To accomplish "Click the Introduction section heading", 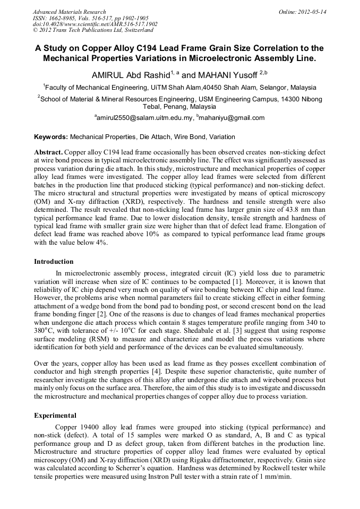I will (54, 262).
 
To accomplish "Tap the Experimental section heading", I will (55, 415).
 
